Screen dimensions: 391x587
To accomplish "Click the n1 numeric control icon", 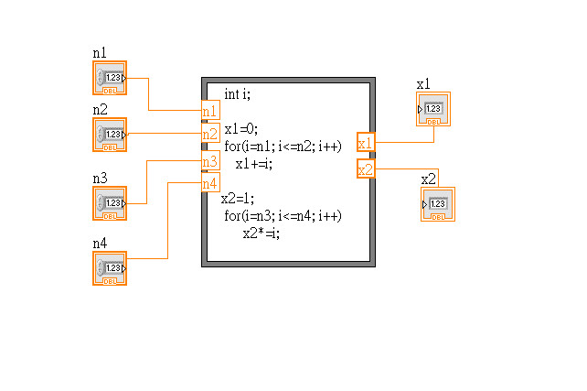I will [110, 79].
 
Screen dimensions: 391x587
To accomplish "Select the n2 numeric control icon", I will [110, 135].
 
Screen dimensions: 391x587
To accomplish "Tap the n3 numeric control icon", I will [110, 203].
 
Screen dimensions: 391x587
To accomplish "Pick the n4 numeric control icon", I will [110, 268].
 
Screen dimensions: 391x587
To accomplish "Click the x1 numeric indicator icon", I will [433, 110].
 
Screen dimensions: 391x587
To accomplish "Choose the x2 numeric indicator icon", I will [437, 204].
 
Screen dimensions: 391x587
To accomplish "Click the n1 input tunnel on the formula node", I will [210, 111].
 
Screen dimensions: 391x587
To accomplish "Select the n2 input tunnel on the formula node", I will [210, 135].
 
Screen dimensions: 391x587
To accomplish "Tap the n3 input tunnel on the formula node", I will [210, 161].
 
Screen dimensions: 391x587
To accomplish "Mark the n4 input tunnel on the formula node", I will [210, 183].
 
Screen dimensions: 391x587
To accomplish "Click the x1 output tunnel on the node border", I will [366, 143].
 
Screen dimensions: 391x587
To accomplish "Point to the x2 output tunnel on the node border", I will [366, 170].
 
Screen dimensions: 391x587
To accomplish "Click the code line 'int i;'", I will [237, 94].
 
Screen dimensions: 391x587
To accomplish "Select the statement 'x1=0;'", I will [241, 129].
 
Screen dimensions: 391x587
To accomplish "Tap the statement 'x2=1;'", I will [238, 199].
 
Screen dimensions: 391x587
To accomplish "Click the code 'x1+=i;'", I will [254, 164].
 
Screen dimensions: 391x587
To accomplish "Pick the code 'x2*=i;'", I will [261, 233].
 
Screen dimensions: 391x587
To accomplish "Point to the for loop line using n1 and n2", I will [283, 147].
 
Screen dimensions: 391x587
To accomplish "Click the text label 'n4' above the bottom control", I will [100, 244].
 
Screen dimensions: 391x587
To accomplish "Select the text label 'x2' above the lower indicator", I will [429, 179].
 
